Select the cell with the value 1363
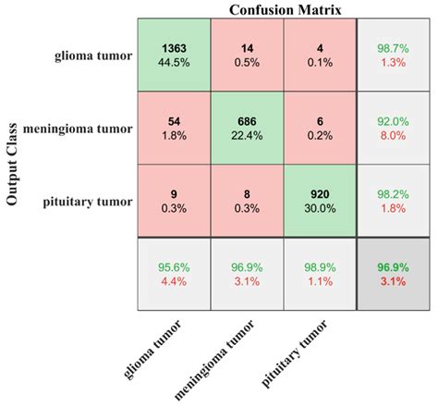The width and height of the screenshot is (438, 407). click(x=173, y=55)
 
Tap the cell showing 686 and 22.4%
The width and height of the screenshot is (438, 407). click(x=246, y=128)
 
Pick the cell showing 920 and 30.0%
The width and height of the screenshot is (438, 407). click(x=320, y=201)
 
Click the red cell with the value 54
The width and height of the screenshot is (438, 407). click(x=173, y=128)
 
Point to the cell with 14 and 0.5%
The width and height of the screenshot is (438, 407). click(x=246, y=55)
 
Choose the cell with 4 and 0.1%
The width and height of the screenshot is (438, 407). click(x=320, y=55)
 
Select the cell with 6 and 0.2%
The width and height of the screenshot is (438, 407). click(x=320, y=128)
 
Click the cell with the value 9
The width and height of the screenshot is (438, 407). click(x=173, y=201)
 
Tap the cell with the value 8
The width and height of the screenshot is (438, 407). click(x=246, y=201)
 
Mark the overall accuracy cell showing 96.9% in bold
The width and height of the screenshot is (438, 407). click(x=394, y=275)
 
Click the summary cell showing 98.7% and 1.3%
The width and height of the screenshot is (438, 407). click(x=394, y=55)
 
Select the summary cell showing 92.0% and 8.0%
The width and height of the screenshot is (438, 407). click(x=394, y=128)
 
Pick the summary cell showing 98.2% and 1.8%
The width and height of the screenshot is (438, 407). click(x=394, y=201)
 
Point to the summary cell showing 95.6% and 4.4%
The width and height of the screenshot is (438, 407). click(x=173, y=275)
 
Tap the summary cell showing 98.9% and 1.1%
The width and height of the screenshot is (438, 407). click(x=320, y=275)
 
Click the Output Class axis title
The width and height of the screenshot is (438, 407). click(x=13, y=163)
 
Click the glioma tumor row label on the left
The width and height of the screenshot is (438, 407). click(x=90, y=55)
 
